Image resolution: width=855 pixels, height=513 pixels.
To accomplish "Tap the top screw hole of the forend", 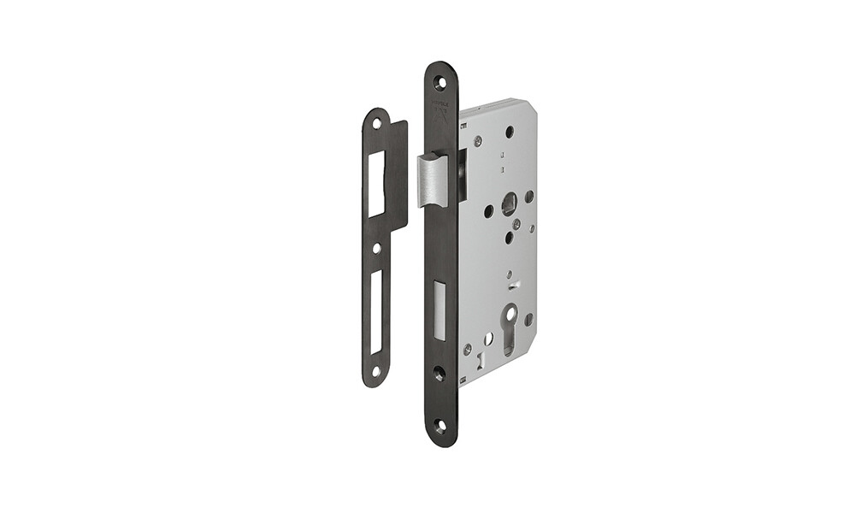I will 440,83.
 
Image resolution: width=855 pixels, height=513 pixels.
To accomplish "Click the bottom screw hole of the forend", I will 439,425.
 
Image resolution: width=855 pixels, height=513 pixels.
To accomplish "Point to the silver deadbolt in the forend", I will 439,310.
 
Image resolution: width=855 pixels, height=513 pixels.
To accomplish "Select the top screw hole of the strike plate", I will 376,123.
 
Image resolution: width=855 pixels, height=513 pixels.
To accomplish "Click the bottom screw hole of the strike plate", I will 376,371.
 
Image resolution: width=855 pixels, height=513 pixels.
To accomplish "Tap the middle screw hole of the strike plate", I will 376,248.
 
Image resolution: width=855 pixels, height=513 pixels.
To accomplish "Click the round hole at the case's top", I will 510,132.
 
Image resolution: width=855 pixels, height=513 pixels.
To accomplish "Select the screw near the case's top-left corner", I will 478,141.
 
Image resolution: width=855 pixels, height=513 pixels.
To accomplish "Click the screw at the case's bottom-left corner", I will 467,349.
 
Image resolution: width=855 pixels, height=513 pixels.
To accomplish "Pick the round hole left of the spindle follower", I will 489,210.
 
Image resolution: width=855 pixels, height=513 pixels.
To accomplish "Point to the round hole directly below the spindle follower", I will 508,238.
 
